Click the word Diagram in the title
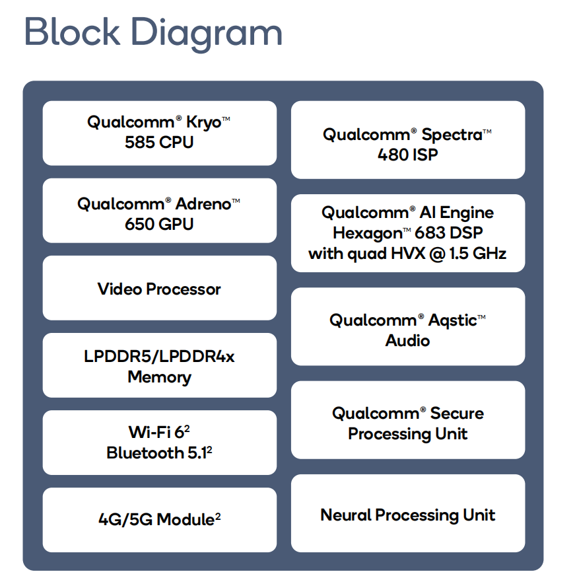click(206, 34)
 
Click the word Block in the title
click(73, 31)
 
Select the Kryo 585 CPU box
click(160, 133)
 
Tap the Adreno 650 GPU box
click(160, 211)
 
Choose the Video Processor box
click(160, 288)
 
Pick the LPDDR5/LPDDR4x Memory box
click(160, 365)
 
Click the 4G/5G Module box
click(160, 520)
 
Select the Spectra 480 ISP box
click(408, 140)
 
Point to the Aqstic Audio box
click(408, 326)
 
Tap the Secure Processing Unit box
click(408, 419)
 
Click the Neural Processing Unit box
click(408, 513)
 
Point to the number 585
click(139, 142)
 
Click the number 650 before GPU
click(139, 224)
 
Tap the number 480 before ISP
click(393, 155)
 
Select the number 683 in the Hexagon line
click(430, 233)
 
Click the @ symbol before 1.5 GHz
click(437, 254)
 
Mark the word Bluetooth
click(145, 453)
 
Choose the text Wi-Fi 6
click(156, 432)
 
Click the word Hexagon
click(368, 234)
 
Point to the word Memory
click(160, 378)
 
